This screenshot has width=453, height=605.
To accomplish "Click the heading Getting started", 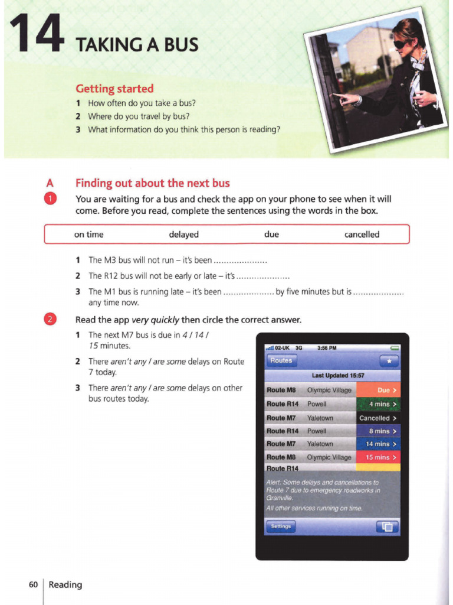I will [114, 89].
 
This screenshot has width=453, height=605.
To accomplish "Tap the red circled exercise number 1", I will [51, 199].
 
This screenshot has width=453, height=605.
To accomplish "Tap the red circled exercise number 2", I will [51, 320].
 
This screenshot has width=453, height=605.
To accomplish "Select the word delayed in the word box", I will [183, 235].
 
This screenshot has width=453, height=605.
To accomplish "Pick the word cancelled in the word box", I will [362, 235].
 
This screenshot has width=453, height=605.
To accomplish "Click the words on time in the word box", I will [88, 235].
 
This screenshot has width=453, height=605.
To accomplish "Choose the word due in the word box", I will [271, 235].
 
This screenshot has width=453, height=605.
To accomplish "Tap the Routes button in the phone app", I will [281, 360].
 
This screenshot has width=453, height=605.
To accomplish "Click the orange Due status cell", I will [379, 390].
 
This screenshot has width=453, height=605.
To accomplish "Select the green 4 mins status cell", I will [379, 404].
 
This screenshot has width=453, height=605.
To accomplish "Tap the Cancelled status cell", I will [379, 418].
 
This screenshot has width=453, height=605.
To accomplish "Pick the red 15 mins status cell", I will [379, 457].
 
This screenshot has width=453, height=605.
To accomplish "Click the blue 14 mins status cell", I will [379, 444].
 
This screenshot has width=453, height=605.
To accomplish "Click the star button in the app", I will [389, 361].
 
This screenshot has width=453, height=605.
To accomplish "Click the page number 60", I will [33, 584].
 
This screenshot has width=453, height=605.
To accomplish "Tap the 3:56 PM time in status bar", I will [327, 348].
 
